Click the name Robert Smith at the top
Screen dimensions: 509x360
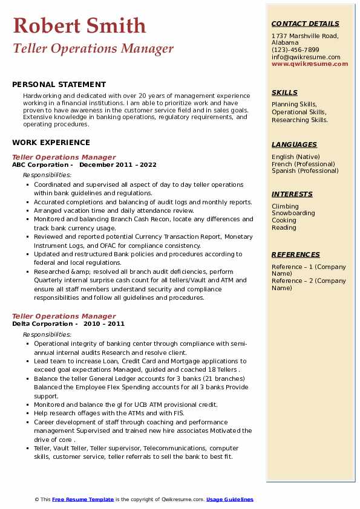79,25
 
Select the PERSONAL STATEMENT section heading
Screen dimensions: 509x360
59,85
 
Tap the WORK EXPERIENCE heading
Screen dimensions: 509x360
51,143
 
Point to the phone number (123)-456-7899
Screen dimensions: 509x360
295,50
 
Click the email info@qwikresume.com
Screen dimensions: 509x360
306,57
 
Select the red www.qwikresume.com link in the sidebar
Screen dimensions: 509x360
306,63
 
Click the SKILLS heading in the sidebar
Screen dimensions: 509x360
284,92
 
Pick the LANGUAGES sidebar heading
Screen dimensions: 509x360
294,144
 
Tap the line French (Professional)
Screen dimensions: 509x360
304,164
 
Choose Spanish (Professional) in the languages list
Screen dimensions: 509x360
306,170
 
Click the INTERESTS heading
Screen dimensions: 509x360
292,194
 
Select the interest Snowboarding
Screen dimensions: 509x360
293,213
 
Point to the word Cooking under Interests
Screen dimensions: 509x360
284,221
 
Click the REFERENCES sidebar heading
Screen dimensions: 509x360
295,254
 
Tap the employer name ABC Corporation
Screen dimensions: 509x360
40,164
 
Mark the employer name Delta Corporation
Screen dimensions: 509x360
41,323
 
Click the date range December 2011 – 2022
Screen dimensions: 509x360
117,164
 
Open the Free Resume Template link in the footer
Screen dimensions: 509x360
83,499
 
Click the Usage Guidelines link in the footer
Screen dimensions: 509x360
230,499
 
